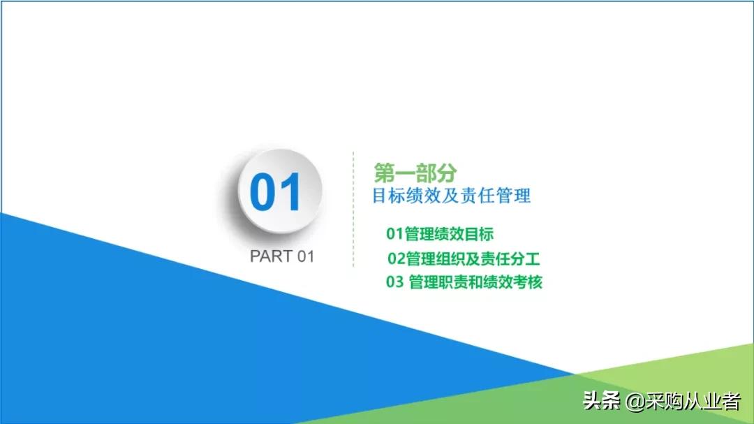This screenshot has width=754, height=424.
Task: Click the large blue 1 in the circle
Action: (291, 193)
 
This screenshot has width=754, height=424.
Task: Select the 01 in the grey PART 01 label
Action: (305, 256)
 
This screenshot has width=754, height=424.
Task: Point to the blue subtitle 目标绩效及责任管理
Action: (451, 196)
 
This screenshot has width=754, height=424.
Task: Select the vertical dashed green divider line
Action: (353, 210)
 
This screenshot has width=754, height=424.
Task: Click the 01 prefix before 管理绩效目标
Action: (394, 234)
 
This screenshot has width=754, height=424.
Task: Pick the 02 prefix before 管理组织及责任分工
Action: (397, 258)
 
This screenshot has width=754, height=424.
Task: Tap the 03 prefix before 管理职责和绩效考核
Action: (394, 282)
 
